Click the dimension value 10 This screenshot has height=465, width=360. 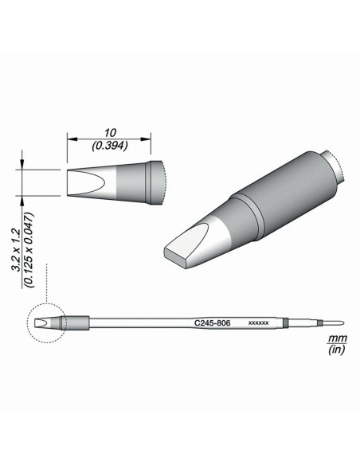tap(109, 132)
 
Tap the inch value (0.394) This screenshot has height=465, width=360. tap(110, 145)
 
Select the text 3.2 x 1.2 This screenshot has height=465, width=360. tap(15, 250)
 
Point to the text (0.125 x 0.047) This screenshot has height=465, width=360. tap(29, 249)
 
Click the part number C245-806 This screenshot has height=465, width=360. tap(213, 323)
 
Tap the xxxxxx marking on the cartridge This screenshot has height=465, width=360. tap(258, 323)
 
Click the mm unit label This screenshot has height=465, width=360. tap(337, 338)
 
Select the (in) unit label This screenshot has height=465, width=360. tap(337, 350)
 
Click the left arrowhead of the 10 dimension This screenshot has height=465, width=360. tap(72, 139)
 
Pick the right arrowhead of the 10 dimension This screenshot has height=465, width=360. tap(146, 139)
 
